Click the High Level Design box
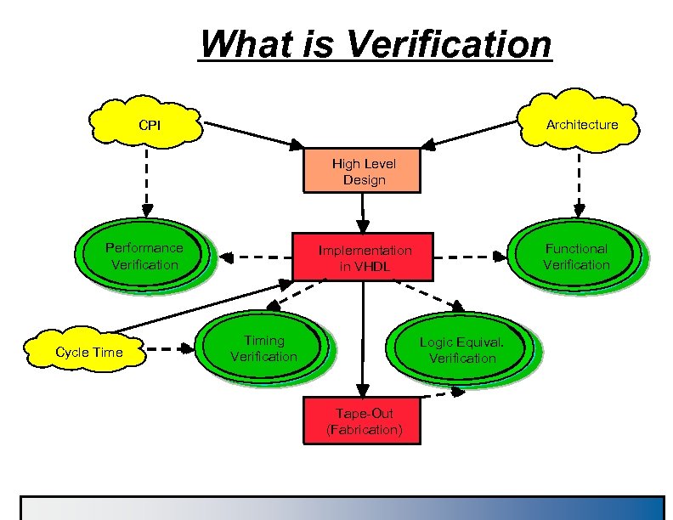[x=364, y=171]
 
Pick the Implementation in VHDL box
[x=364, y=257]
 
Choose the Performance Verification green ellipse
[x=144, y=256]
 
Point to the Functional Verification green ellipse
[x=577, y=256]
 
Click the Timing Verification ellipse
[x=264, y=348]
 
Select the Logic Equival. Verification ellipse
[x=462, y=350]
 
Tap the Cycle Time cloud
[x=88, y=352]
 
